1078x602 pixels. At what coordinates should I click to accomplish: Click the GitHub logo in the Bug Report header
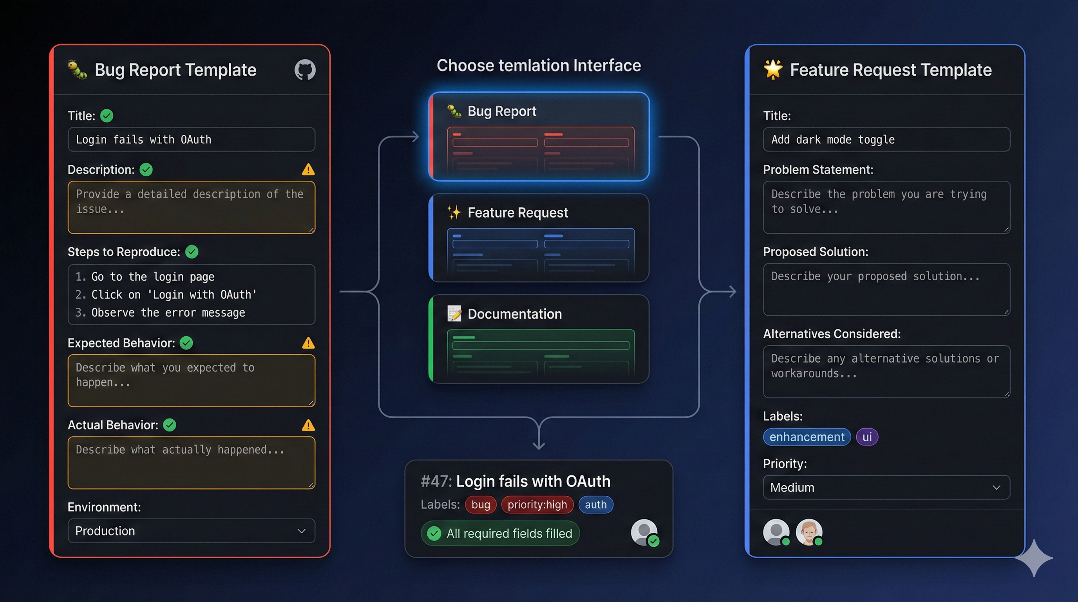click(x=305, y=69)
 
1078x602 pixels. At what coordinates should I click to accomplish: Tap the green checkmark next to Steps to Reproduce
click(x=192, y=252)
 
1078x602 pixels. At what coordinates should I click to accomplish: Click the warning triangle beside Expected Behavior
click(x=308, y=343)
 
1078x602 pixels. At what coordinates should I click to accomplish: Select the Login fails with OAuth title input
click(x=191, y=140)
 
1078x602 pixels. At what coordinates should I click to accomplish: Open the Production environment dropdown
click(x=191, y=531)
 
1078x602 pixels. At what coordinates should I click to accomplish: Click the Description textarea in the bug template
click(x=191, y=207)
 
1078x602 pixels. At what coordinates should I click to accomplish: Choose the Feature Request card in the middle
click(x=539, y=238)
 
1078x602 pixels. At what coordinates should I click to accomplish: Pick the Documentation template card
click(x=539, y=339)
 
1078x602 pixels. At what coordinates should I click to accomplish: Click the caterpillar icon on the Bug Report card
click(x=454, y=111)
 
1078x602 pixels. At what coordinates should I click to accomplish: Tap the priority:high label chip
click(x=537, y=504)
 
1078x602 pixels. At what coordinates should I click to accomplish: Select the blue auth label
click(x=595, y=504)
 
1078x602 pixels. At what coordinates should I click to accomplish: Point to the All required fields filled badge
click(x=500, y=533)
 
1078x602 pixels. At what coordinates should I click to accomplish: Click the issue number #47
click(x=436, y=481)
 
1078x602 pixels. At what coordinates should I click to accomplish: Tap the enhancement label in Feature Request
click(x=807, y=437)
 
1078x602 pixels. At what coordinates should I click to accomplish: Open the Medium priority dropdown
click(x=886, y=487)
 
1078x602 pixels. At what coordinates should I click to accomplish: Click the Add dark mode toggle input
click(x=886, y=140)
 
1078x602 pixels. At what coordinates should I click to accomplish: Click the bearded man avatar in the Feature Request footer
click(x=808, y=532)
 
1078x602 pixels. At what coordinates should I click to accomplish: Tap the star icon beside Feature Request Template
click(x=772, y=69)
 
